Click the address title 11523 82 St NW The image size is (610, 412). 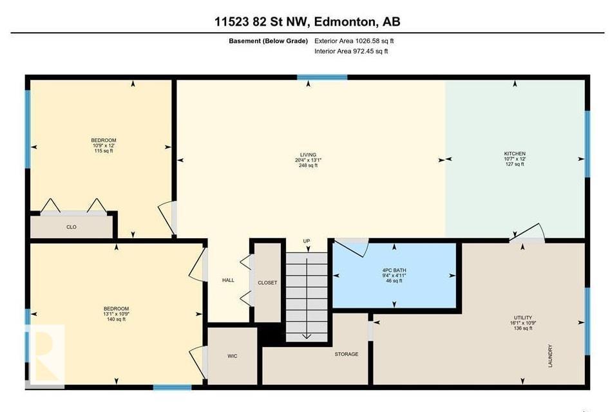pyautogui.click(x=307, y=21)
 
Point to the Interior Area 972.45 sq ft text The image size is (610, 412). pyautogui.click(x=351, y=51)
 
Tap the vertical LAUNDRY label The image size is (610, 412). pyautogui.click(x=550, y=356)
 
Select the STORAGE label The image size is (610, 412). pyautogui.click(x=346, y=354)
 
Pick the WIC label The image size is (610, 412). pyautogui.click(x=233, y=355)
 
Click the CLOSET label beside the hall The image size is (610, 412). pyautogui.click(x=267, y=283)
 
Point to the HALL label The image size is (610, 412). pyautogui.click(x=228, y=280)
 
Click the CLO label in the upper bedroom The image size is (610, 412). pyautogui.click(x=71, y=227)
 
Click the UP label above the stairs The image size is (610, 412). pyautogui.click(x=307, y=241)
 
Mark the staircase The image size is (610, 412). pyautogui.click(x=307, y=293)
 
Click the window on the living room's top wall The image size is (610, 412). pyautogui.click(x=322, y=77)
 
